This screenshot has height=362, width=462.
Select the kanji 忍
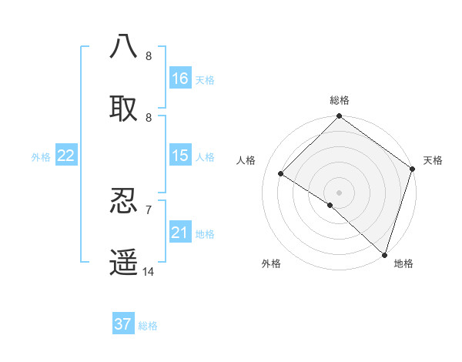pos(124,201)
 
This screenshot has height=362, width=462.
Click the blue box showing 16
pos(180,78)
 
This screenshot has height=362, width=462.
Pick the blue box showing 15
pos(180,155)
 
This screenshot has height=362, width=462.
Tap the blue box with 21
pos(180,232)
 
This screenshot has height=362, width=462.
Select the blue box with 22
pos(66,155)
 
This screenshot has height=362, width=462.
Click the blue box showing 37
pos(123,324)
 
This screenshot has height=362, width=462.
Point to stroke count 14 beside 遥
pos(149,272)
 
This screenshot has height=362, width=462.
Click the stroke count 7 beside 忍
pos(149,209)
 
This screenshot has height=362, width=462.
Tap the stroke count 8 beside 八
pos(149,55)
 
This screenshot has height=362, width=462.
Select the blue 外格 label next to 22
pos(41,156)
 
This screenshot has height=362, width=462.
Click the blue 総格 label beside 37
pos(148,326)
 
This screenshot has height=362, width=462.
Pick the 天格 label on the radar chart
pos(433,160)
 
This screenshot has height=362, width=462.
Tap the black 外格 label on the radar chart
pos(271,263)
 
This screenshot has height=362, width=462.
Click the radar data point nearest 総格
pos(339,117)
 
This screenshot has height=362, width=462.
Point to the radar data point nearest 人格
pos(281,174)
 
